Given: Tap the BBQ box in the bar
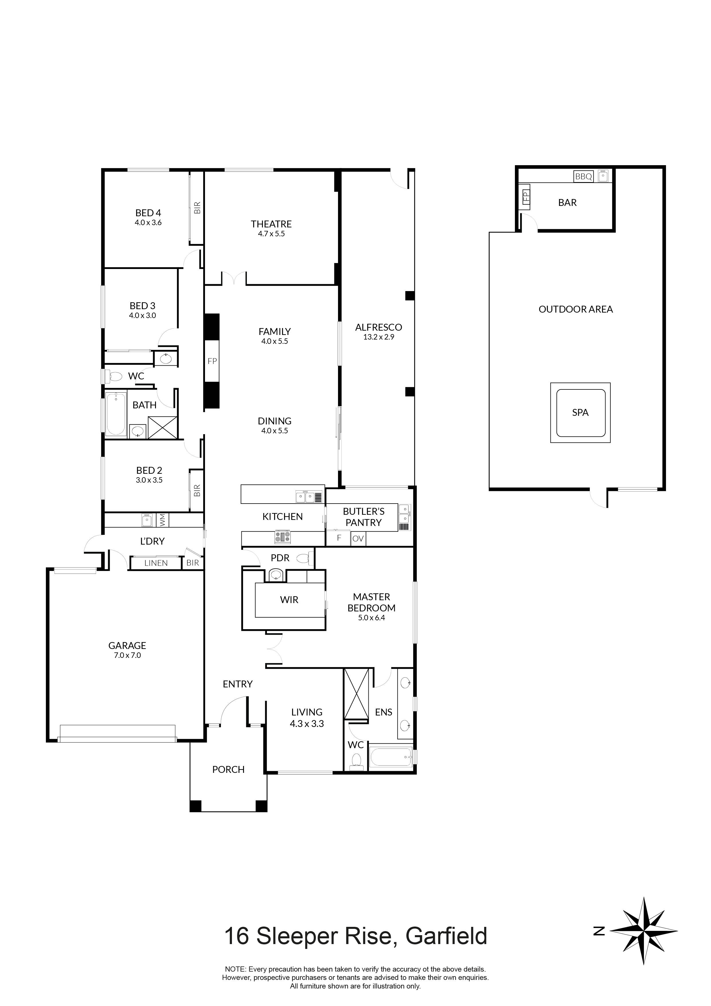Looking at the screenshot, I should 583,177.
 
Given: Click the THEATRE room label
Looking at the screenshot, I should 271,224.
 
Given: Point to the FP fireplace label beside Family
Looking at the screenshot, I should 212,361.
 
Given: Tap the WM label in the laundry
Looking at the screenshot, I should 162,520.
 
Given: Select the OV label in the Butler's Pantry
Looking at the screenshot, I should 358,539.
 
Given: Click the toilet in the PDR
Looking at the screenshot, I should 304,559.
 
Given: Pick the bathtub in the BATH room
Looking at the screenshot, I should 115,414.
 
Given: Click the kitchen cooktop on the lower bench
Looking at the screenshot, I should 283,537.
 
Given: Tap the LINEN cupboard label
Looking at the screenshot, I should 156,563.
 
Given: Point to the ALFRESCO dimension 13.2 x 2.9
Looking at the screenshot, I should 378,337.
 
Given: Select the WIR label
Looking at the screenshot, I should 289,600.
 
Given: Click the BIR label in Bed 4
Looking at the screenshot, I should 197,207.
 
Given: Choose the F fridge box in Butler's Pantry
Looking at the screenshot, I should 339,538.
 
